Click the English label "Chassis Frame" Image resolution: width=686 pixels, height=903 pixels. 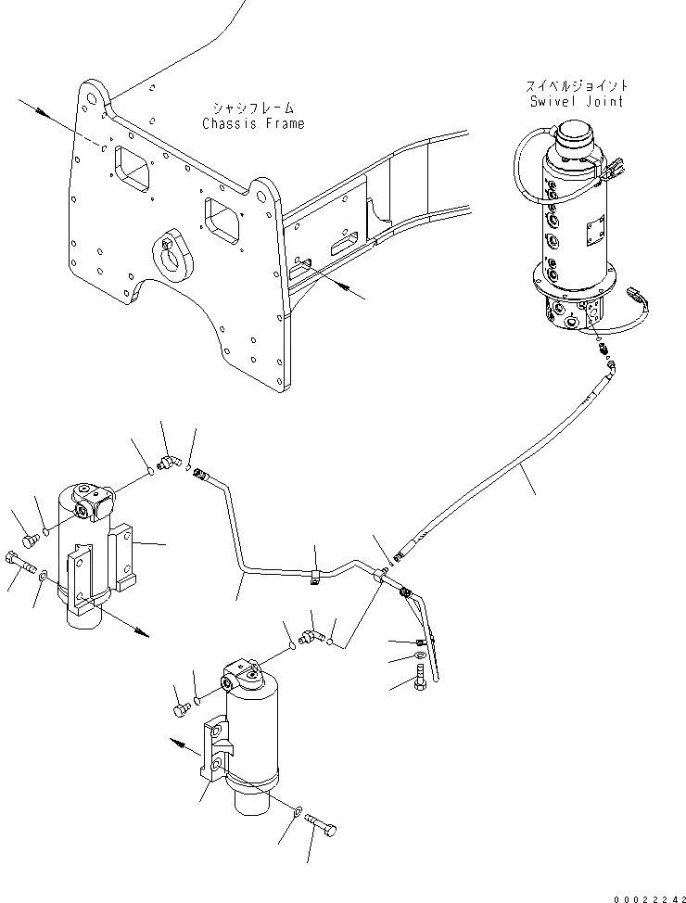253,123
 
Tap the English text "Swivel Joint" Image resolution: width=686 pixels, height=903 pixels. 577,101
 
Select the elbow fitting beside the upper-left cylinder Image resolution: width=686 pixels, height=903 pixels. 170,462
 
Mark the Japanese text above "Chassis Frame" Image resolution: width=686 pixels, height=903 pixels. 253,107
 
